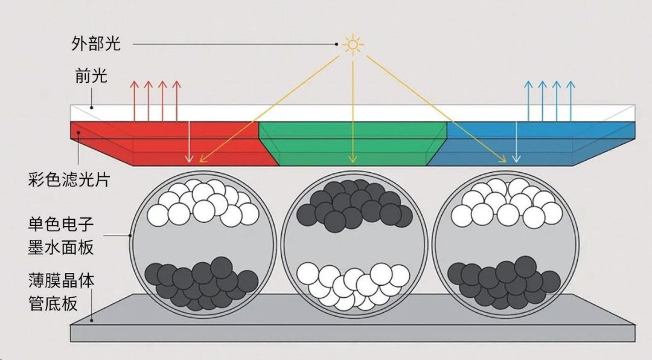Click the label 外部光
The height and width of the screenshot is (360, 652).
tap(96, 43)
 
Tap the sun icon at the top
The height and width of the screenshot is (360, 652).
tap(353, 44)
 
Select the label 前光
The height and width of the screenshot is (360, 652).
tap(91, 76)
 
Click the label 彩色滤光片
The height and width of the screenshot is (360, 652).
tap(69, 180)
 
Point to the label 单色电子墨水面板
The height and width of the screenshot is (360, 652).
tap(61, 236)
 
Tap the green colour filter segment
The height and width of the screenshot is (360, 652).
tap(353, 143)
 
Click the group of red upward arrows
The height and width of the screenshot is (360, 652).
tap(156, 101)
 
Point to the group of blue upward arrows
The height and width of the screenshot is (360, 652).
tap(549, 101)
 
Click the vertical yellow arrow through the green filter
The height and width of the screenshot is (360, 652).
tap(353, 112)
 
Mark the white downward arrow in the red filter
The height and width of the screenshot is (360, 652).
tap(189, 141)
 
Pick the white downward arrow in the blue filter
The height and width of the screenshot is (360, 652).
tap(516, 141)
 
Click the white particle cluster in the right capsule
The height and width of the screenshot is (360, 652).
tap(507, 203)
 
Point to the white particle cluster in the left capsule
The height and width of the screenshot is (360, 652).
tap(203, 203)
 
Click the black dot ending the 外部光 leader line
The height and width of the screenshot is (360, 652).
tap(336, 43)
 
